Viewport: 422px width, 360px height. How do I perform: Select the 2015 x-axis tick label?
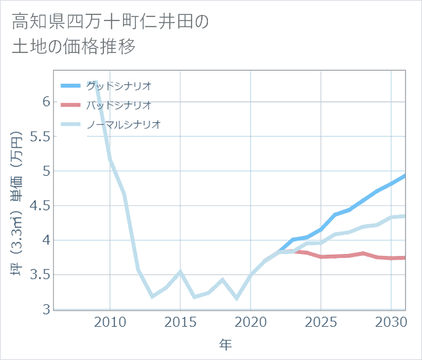coord(180,321)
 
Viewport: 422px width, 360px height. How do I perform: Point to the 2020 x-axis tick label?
coord(251,321)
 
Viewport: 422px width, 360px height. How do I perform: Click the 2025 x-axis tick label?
coord(321,321)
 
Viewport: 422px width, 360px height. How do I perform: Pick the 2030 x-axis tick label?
coord(391,321)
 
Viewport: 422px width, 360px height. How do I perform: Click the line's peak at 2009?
coord(96,82)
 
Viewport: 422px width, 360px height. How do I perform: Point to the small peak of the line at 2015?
coord(180,272)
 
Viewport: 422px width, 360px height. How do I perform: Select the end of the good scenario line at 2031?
coord(405,175)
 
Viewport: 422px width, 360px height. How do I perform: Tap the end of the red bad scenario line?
coord(405,257)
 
